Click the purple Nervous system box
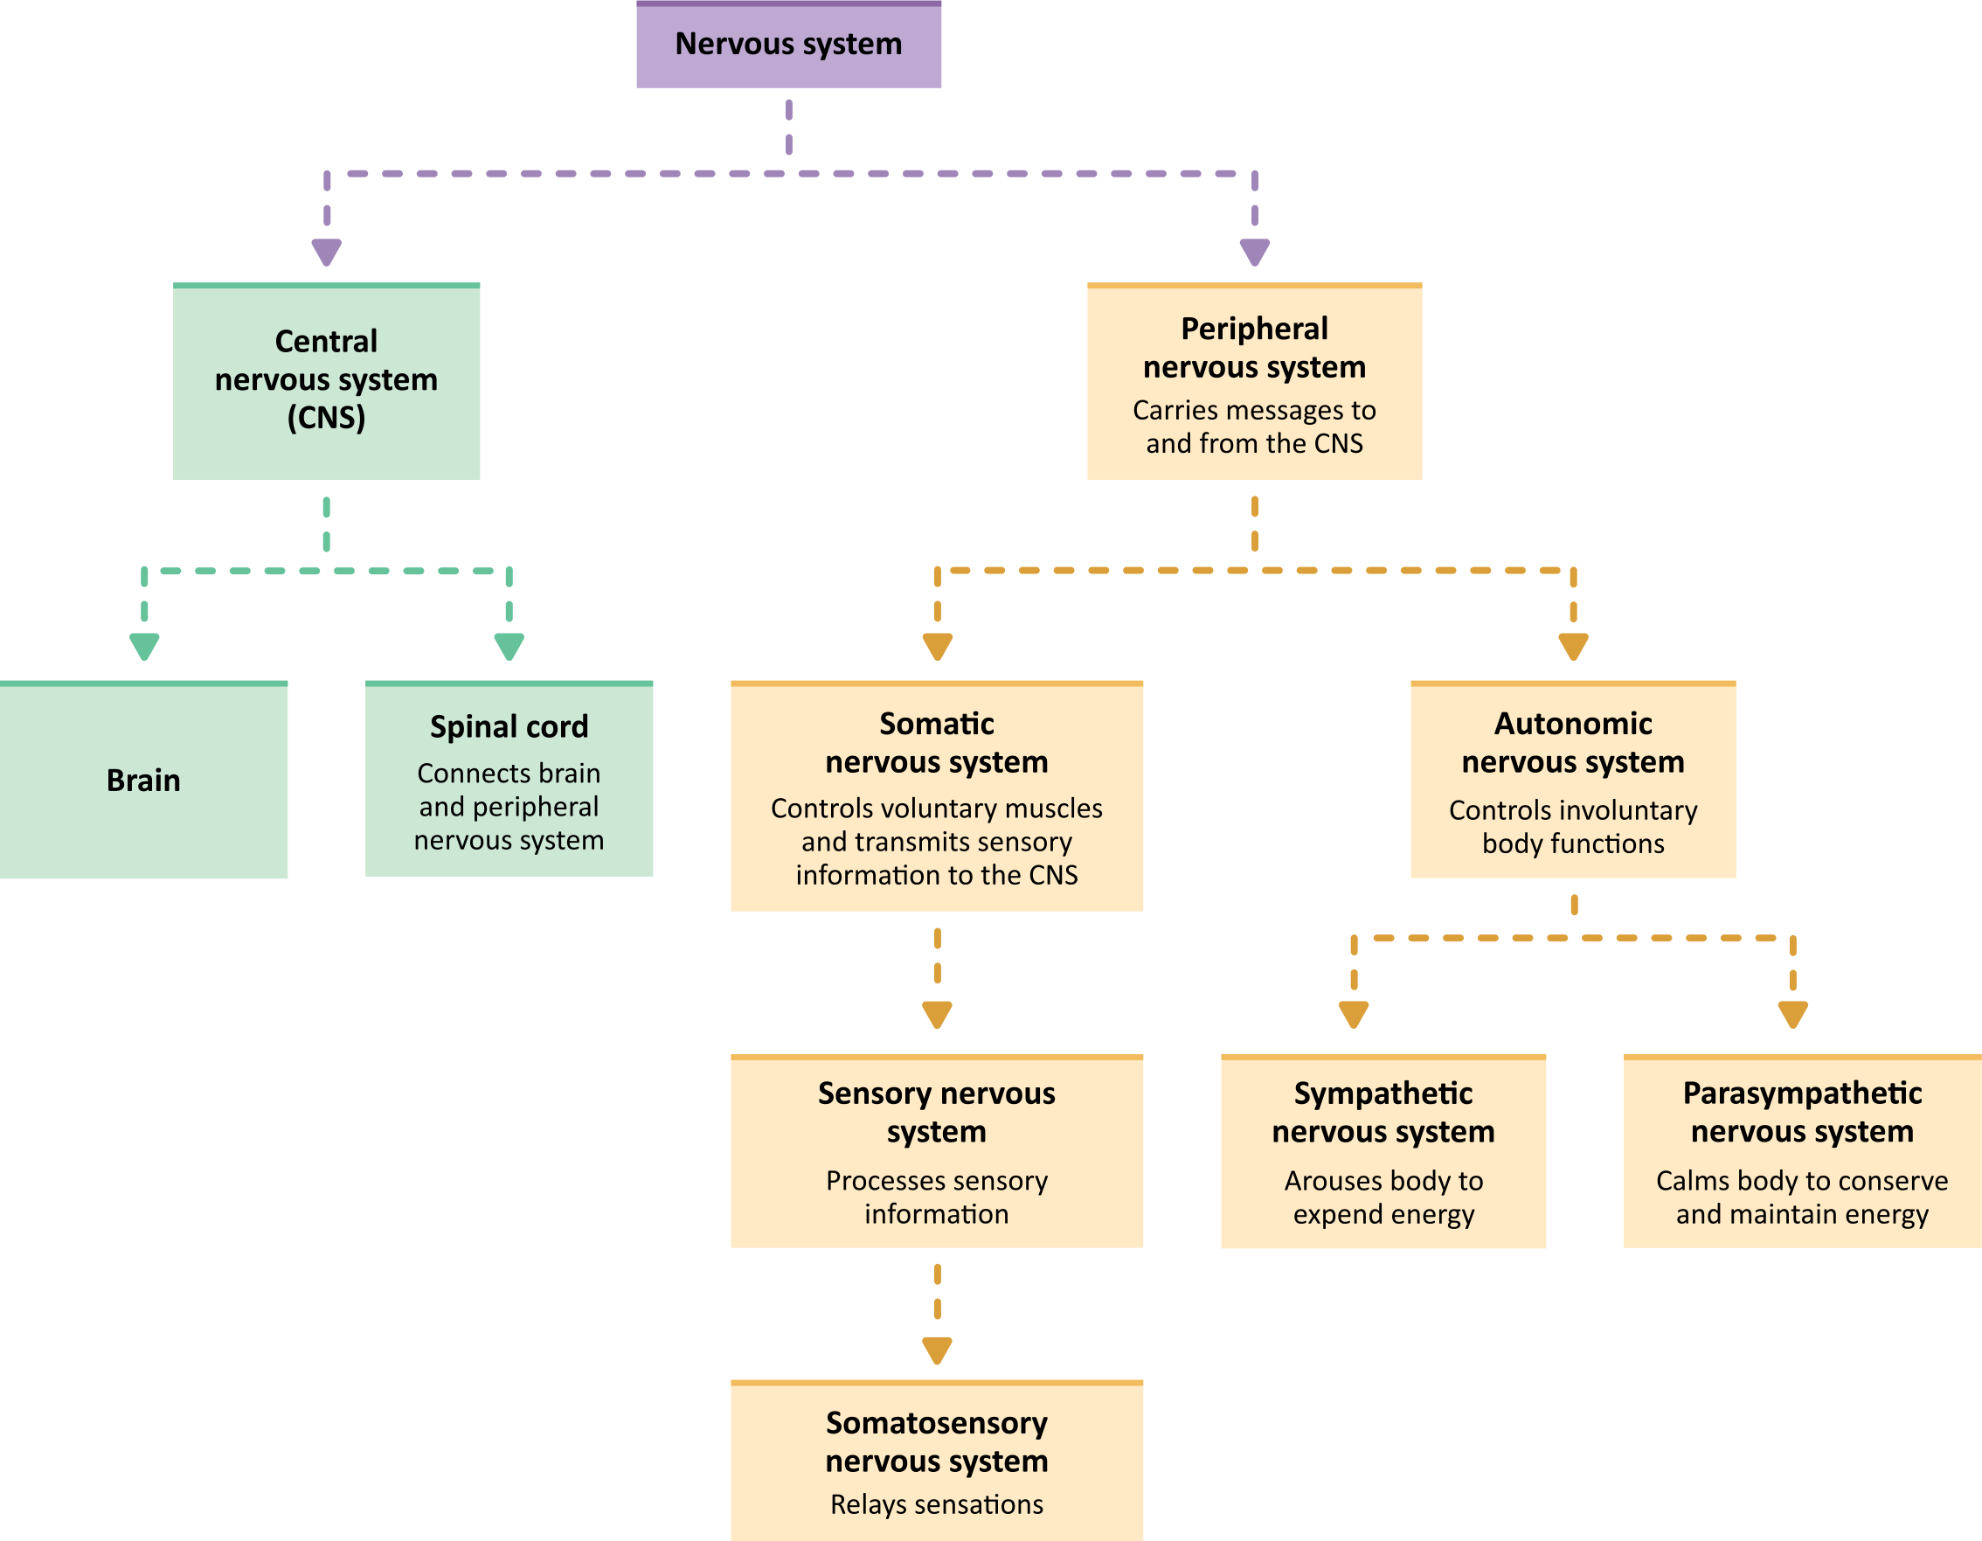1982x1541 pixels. click(x=787, y=45)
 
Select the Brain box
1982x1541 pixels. click(x=143, y=781)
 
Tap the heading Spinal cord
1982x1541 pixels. click(x=509, y=726)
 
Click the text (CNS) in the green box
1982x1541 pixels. click(x=326, y=418)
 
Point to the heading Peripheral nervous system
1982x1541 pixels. click(x=1254, y=348)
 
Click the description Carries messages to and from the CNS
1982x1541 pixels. click(x=1254, y=427)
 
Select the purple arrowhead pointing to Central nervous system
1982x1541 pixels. click(x=326, y=252)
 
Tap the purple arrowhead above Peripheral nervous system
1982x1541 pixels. click(x=1254, y=252)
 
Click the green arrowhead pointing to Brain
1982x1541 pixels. click(x=144, y=646)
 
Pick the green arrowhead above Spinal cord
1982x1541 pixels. click(x=509, y=646)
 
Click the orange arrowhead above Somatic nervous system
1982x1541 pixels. click(x=937, y=646)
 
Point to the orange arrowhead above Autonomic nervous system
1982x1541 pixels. click(x=1573, y=646)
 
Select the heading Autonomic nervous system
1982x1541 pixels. click(x=1573, y=742)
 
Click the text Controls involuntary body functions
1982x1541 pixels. click(x=1573, y=826)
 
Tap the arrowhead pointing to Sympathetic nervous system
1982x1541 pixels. click(x=1353, y=1014)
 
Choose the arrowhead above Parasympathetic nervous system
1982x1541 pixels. click(x=1792, y=1014)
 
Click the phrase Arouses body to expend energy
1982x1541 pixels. click(x=1383, y=1197)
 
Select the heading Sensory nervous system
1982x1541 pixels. click(x=937, y=1112)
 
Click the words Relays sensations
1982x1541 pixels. click(x=937, y=1503)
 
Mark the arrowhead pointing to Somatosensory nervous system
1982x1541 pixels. click(x=937, y=1350)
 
